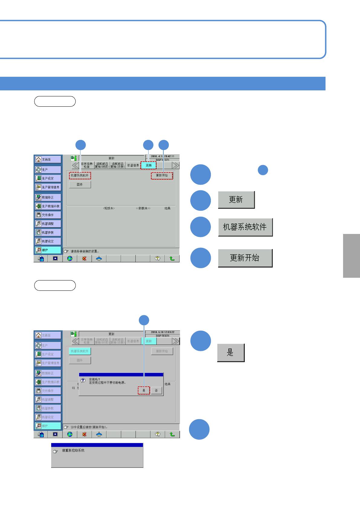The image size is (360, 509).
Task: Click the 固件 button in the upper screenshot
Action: tap(80, 184)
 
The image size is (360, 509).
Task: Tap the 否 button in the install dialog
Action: tap(156, 391)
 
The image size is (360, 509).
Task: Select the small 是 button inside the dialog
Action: tap(144, 391)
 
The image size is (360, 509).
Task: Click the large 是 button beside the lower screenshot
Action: tap(231, 353)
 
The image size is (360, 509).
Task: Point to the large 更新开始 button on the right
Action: tap(245, 258)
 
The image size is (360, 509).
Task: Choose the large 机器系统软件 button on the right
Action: tap(245, 227)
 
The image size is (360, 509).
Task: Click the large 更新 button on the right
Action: tap(236, 200)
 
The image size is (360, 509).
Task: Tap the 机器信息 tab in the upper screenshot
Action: tap(133, 165)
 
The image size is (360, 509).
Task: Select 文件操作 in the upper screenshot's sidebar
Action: tap(48, 215)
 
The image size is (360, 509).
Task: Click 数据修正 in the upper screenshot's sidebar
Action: tap(48, 197)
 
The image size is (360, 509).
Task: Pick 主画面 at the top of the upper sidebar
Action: tap(48, 159)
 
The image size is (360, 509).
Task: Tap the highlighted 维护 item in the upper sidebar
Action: tap(48, 250)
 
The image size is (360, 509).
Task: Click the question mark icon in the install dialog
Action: tap(83, 380)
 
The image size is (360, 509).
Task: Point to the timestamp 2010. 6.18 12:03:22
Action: tap(163, 332)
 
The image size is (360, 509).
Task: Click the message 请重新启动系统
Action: tap(73, 450)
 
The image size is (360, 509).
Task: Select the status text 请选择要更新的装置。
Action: tap(85, 251)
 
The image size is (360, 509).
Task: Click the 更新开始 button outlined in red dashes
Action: tap(162, 176)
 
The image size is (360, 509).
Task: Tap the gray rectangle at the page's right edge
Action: tap(352, 256)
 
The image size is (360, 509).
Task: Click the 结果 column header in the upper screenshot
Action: tap(168, 208)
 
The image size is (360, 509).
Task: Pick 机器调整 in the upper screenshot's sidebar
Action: tap(48, 224)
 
